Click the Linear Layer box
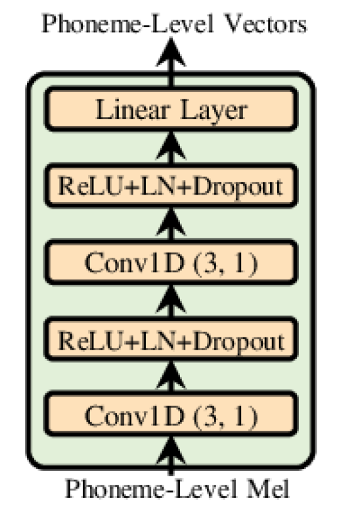(x=171, y=110)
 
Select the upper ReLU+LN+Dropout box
(x=171, y=186)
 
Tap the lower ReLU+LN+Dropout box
(x=171, y=341)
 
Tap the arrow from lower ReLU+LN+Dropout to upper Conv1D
(x=171, y=302)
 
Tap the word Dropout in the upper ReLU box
(x=243, y=186)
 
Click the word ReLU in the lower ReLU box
(x=84, y=341)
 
